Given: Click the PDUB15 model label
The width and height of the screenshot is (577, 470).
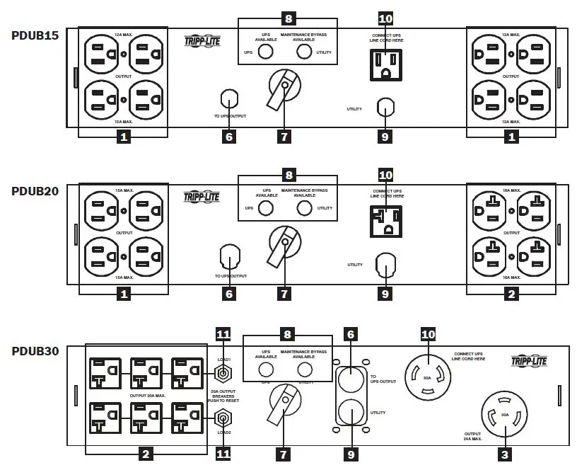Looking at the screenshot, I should (x=35, y=34).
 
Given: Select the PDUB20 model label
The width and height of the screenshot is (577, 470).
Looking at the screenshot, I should (x=35, y=191).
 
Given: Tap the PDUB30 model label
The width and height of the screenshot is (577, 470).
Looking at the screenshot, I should (x=35, y=350).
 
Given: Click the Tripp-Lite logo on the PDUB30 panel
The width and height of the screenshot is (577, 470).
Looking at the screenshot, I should (x=528, y=362).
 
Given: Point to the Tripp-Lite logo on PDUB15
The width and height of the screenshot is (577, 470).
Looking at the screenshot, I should (x=203, y=40).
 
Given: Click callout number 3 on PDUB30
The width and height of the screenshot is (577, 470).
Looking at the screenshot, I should (x=503, y=454).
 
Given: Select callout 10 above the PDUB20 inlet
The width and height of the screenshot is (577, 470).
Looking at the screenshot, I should (x=385, y=175).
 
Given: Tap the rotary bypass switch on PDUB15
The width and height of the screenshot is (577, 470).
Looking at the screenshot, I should (x=283, y=89).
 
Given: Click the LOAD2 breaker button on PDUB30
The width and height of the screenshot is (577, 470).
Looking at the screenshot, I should (x=223, y=418).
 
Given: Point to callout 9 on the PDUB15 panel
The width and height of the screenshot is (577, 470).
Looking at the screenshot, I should (x=385, y=137).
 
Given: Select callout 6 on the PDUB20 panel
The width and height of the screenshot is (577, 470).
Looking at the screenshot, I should (x=228, y=294).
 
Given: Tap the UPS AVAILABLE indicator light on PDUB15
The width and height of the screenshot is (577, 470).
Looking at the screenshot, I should (x=266, y=52).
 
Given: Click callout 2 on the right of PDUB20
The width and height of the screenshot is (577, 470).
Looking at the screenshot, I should (x=511, y=294).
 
